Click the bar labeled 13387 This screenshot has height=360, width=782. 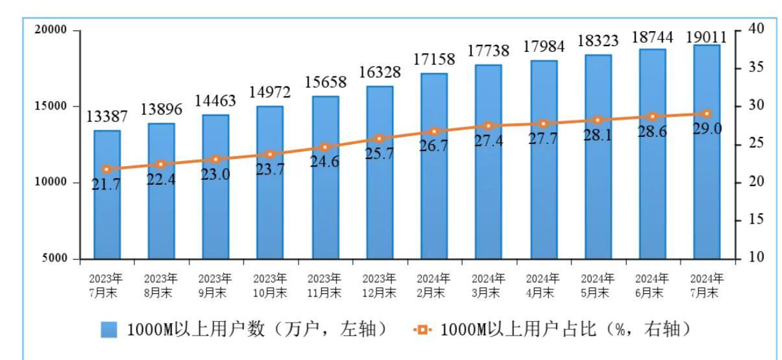click(107, 195)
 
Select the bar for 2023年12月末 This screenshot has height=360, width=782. click(380, 173)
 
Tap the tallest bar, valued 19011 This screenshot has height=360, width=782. click(707, 152)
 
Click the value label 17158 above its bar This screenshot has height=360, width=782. click(434, 60)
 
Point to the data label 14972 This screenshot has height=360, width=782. click(269, 93)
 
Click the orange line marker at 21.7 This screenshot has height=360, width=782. click(107, 169)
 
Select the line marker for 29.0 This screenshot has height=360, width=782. click(707, 114)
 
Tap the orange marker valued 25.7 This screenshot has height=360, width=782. click(380, 139)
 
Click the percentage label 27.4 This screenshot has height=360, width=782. click(489, 141)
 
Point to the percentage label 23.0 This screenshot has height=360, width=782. click(215, 174)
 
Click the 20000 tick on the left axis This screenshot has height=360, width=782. click(51, 30)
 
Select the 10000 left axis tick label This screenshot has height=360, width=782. click(51, 182)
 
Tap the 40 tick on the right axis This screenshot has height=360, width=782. click(756, 29)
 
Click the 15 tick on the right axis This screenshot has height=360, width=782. click(756, 219)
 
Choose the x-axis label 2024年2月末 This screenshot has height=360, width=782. click(434, 285)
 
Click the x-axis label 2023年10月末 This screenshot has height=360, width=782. click(270, 285)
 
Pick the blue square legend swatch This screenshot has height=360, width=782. click(109, 330)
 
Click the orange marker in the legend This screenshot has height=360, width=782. click(422, 330)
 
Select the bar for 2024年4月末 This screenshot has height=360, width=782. click(544, 160)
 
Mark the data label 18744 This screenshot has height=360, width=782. click(652, 38)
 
